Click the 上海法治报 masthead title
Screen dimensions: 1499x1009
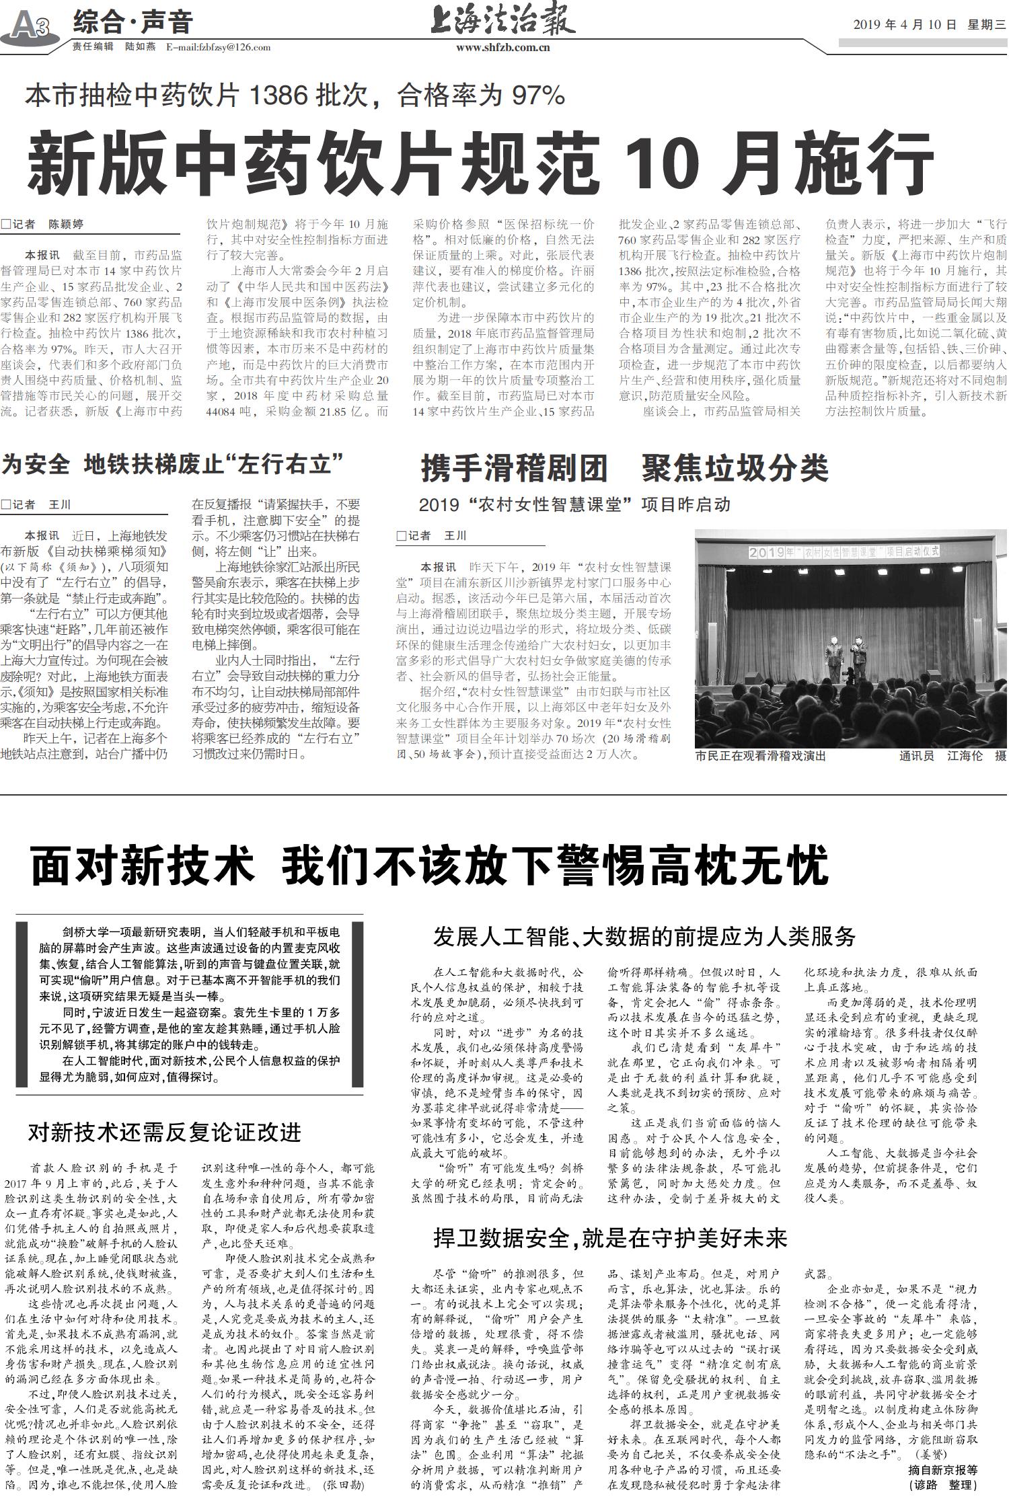tap(502, 21)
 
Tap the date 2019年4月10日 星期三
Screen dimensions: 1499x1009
tap(929, 25)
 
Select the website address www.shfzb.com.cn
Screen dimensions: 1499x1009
tap(502, 47)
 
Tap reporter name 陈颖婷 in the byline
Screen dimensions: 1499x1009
tap(66, 224)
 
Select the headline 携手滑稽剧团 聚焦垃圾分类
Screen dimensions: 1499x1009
tap(624, 468)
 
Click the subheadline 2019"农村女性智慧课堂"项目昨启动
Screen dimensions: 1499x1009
tap(574, 504)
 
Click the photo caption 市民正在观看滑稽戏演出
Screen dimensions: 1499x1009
tap(760, 756)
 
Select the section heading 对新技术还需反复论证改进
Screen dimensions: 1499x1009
tap(164, 1132)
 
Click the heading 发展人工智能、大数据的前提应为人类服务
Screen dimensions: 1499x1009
tap(644, 935)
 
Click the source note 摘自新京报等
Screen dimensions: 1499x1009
tap(942, 1465)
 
